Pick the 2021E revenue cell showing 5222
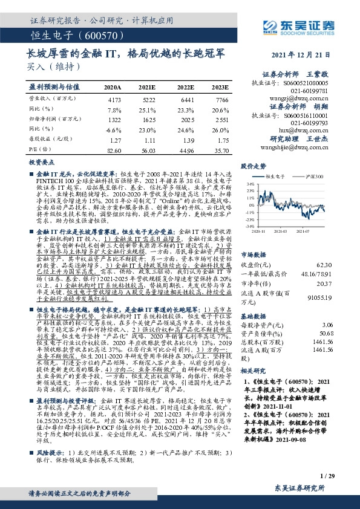coord(149,99)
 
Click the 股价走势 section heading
coord(254,165)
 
